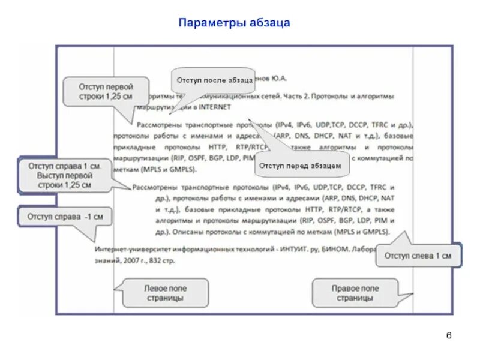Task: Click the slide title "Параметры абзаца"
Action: [x=235, y=23]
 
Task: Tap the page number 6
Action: [x=448, y=335]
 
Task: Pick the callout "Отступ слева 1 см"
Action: [x=418, y=256]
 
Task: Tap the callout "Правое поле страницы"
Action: [x=355, y=293]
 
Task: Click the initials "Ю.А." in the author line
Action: [x=278, y=79]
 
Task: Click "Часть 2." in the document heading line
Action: [x=298, y=96]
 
